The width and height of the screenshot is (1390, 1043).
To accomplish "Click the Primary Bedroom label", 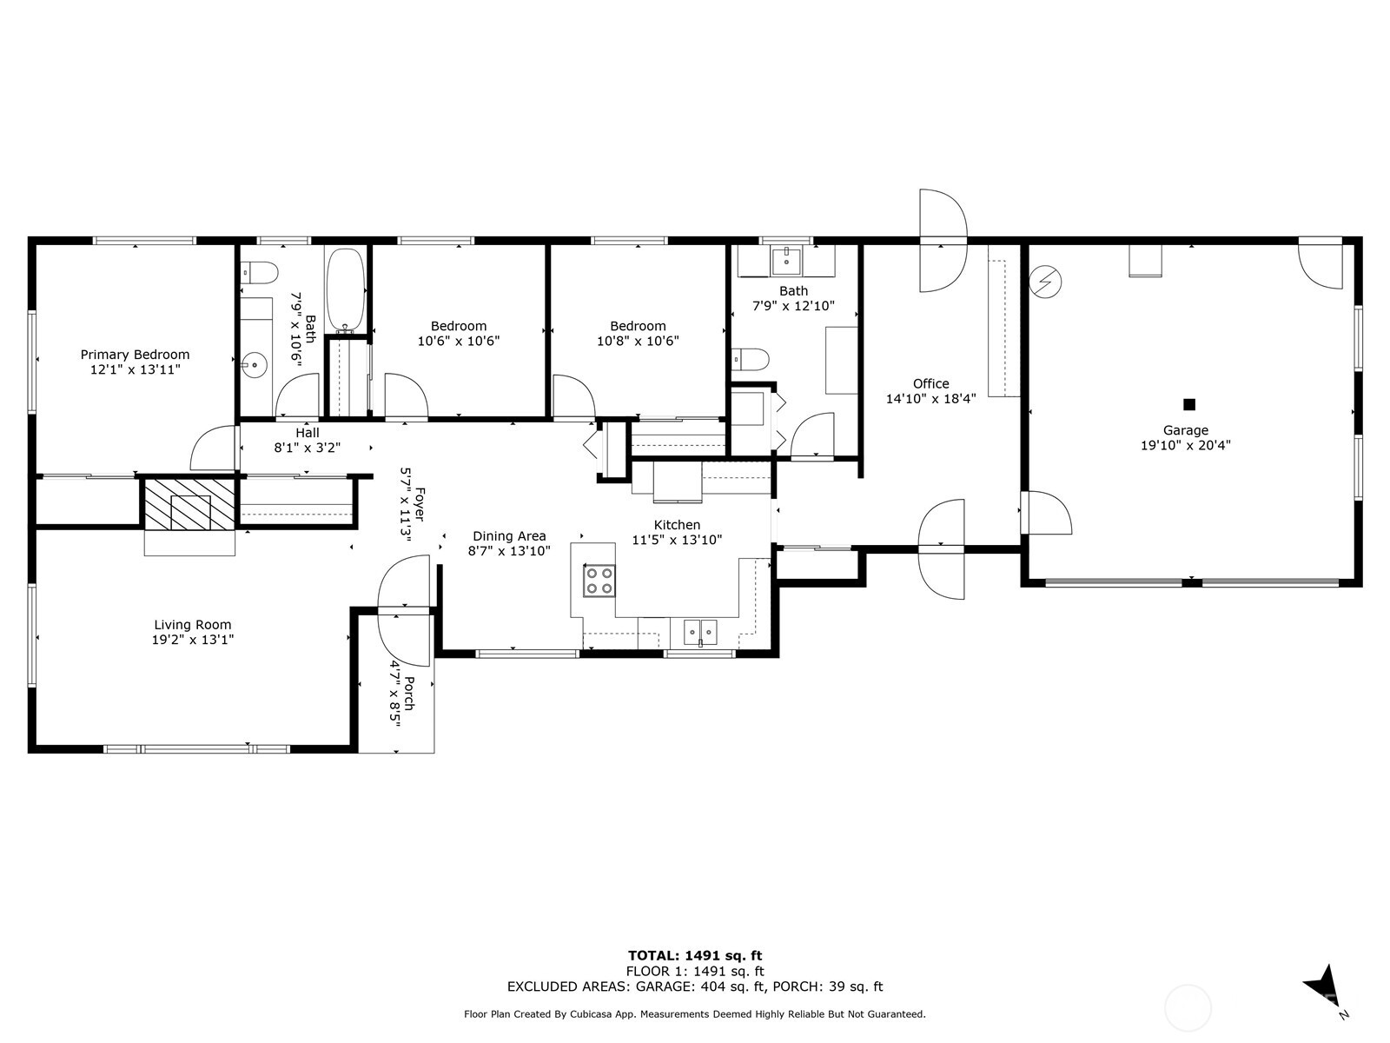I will (x=135, y=355).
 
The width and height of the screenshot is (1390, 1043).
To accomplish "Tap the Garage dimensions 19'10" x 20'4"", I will (x=1185, y=445).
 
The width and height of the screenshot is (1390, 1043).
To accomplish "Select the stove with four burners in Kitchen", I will (x=599, y=581).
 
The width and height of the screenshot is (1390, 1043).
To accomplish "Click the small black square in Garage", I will (x=1189, y=404).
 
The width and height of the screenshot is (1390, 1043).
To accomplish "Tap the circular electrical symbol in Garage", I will (x=1046, y=282).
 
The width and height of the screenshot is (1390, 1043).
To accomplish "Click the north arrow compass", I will (x=1322, y=987).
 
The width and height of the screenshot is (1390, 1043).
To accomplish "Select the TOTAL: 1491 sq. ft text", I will (x=695, y=956).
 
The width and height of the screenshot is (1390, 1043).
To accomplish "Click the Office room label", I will (x=930, y=383).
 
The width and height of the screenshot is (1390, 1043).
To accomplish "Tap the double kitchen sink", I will (x=699, y=629).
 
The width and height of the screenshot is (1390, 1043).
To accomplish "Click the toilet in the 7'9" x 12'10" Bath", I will (x=751, y=359).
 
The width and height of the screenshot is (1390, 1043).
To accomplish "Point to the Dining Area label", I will (x=509, y=536).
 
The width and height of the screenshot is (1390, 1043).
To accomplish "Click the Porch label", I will (x=408, y=693).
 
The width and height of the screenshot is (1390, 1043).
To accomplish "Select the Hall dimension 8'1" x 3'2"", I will (x=308, y=448).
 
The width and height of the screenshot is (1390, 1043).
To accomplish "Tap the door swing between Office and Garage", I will (x=1047, y=513).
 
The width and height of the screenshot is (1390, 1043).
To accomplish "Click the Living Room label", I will (x=192, y=625).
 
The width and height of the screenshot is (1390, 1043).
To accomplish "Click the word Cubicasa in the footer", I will (x=592, y=1013).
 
